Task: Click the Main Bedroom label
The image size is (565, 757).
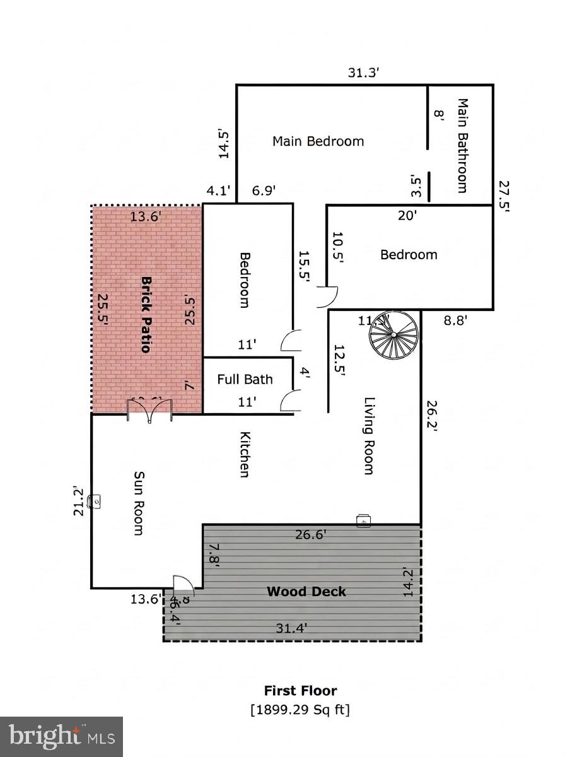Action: click(318, 141)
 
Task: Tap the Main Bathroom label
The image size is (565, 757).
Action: click(462, 145)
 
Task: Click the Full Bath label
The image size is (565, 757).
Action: click(245, 379)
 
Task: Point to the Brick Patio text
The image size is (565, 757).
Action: click(146, 314)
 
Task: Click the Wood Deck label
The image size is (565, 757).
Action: click(306, 592)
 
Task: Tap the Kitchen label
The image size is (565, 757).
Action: click(245, 454)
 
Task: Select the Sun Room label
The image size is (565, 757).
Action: click(139, 503)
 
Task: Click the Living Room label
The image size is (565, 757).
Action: click(370, 435)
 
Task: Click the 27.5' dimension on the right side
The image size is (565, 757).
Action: click(503, 198)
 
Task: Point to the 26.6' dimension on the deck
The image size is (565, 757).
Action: click(310, 535)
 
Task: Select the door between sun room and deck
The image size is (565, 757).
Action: click(183, 586)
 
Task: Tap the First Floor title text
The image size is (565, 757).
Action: click(300, 691)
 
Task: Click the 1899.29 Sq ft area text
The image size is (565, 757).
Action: click(300, 710)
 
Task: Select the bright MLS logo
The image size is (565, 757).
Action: click(62, 736)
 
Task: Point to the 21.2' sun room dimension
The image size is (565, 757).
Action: click(78, 501)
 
